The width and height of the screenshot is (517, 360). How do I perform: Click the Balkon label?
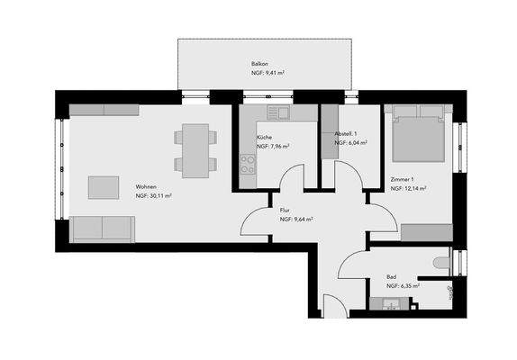tap(259, 65)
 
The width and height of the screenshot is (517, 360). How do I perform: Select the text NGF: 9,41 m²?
tap(269, 76)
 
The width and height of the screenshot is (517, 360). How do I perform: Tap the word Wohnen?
tap(147, 184)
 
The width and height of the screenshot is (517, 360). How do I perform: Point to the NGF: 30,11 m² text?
tap(154, 195)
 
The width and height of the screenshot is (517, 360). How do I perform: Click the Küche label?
tap(265, 136)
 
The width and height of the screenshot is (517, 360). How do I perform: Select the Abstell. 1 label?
tap(348, 132)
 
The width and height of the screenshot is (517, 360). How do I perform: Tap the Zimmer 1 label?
tap(402, 180)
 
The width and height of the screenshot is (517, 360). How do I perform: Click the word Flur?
tap(284, 209)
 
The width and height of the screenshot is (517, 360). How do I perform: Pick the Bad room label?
tap(392, 276)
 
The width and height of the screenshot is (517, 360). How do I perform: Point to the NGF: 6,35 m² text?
tap(404, 286)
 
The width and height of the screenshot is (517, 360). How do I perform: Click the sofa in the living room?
tap(102, 229)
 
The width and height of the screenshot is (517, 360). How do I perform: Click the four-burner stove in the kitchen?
tap(248, 164)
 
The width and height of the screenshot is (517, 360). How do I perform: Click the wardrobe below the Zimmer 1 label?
tap(425, 232)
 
